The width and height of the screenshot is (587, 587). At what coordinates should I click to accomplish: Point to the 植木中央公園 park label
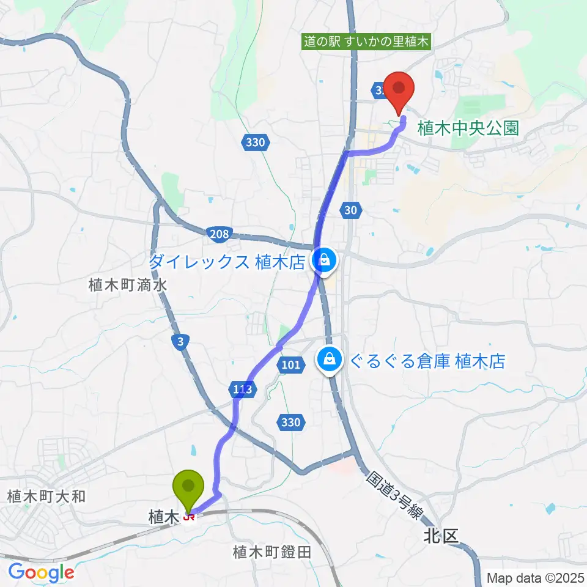[468, 128]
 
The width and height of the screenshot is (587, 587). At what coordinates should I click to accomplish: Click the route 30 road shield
[350, 210]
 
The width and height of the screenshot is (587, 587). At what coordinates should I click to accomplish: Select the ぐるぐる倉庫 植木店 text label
[427, 361]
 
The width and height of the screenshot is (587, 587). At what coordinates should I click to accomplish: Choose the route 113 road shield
[243, 388]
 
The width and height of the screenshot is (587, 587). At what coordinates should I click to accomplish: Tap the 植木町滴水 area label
[127, 284]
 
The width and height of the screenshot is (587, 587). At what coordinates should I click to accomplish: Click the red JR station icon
[190, 519]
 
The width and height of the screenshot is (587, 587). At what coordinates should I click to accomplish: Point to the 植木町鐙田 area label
[272, 552]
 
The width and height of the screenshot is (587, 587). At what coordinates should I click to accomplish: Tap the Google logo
[41, 572]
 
